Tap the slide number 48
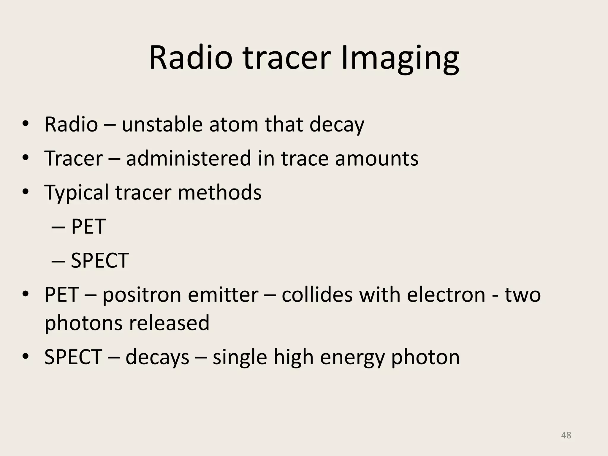click(x=566, y=435)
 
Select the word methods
click(x=219, y=192)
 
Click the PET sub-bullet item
click(x=88, y=227)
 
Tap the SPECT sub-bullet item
click(x=99, y=261)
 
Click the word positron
click(x=142, y=295)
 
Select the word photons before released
click(x=83, y=323)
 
